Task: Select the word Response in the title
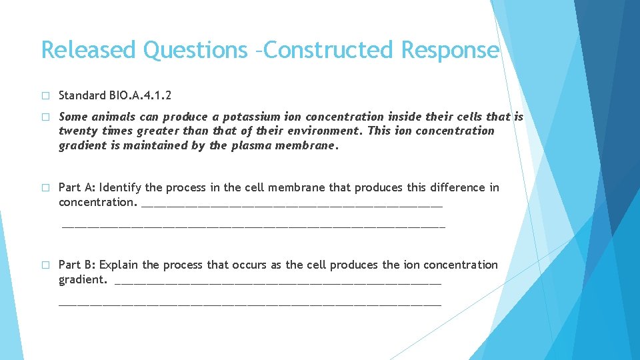click(x=449, y=50)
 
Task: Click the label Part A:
click(x=77, y=187)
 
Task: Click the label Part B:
click(x=77, y=265)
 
